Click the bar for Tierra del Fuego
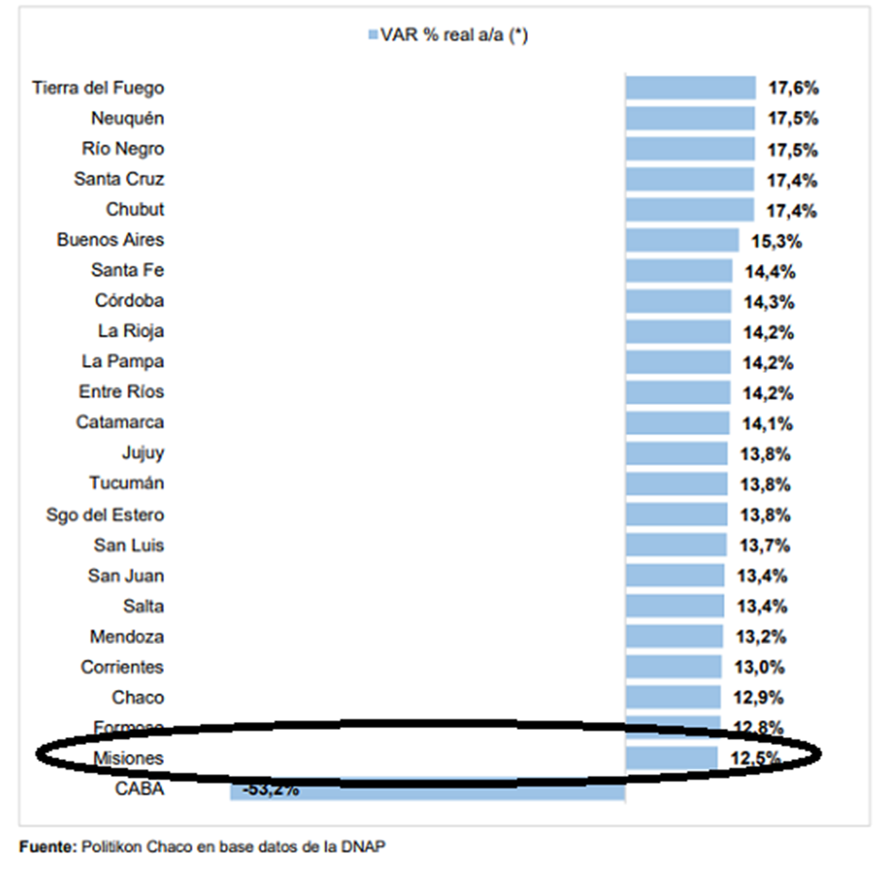(x=690, y=88)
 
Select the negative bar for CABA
(x=427, y=788)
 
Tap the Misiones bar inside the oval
(x=671, y=757)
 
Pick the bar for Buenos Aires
(x=681, y=240)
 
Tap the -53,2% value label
(x=268, y=788)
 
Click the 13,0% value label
(x=759, y=667)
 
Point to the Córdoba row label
(x=129, y=300)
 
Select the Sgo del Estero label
(x=105, y=515)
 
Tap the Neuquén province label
(x=128, y=118)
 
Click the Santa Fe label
(x=128, y=270)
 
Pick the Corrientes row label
(x=122, y=667)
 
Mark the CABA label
(x=139, y=789)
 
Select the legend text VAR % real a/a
(x=454, y=35)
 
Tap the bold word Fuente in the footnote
(x=45, y=847)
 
